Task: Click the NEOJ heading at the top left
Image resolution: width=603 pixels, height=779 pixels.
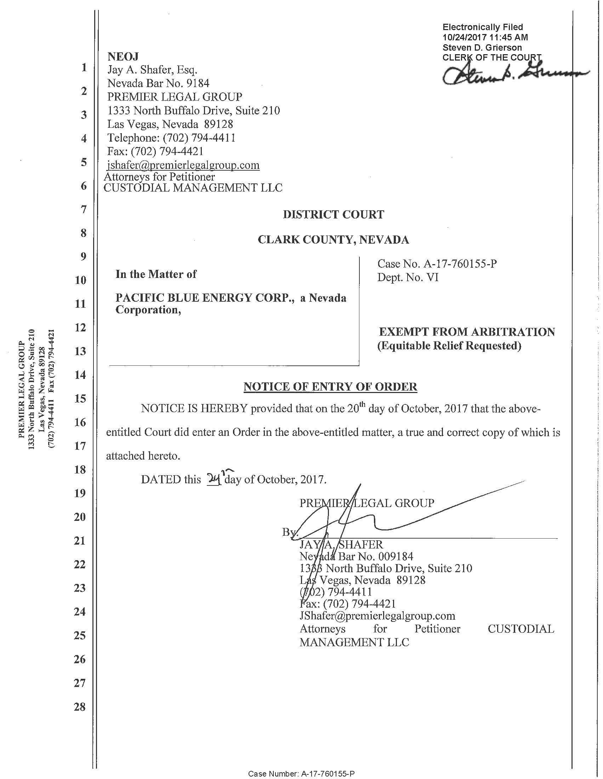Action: click(x=123, y=56)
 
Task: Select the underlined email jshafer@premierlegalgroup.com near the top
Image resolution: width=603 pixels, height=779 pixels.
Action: click(x=183, y=165)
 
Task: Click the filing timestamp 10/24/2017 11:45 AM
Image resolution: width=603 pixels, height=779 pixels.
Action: click(x=485, y=37)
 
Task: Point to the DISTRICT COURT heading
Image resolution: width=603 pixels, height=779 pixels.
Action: click(x=333, y=214)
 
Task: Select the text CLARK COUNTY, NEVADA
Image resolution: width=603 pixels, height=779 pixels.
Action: click(x=333, y=239)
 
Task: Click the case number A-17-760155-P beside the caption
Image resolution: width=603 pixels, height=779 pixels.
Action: click(x=460, y=264)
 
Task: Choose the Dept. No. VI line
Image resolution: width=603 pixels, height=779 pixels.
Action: click(x=408, y=278)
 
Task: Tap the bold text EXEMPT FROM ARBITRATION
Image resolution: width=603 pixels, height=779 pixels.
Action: click(x=466, y=332)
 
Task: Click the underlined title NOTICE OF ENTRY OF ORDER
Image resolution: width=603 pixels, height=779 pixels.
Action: click(x=330, y=387)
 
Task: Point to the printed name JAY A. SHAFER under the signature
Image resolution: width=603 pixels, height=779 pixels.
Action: click(x=341, y=544)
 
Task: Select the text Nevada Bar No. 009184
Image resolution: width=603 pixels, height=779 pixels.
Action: click(x=356, y=556)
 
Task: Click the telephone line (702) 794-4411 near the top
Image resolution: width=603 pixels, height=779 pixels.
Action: click(x=171, y=138)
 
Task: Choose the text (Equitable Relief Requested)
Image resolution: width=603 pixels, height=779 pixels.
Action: click(x=449, y=346)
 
